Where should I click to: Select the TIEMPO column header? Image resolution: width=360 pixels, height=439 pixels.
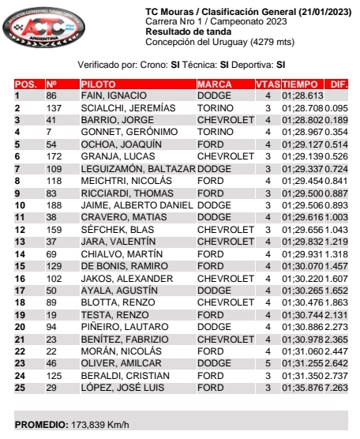(x=300, y=83)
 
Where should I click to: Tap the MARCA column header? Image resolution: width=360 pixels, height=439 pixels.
(x=215, y=83)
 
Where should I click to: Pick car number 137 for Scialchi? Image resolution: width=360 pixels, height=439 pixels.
(x=54, y=107)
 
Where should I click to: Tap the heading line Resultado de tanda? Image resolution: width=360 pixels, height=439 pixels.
(x=185, y=31)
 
